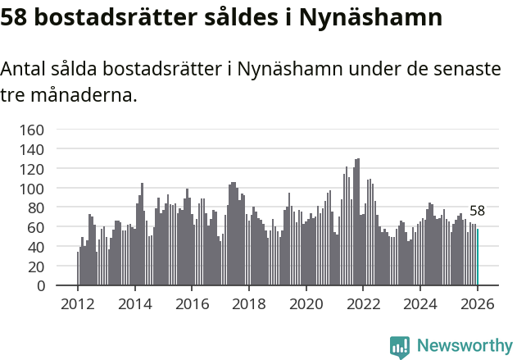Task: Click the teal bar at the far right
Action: [478, 257]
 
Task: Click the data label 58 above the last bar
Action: [477, 211]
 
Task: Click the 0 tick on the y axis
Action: [40, 285]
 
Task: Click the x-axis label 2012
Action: [78, 303]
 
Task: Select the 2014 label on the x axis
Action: [135, 303]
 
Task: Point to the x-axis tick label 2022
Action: [363, 303]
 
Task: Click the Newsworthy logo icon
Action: [400, 347]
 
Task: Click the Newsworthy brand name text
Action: [464, 346]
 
